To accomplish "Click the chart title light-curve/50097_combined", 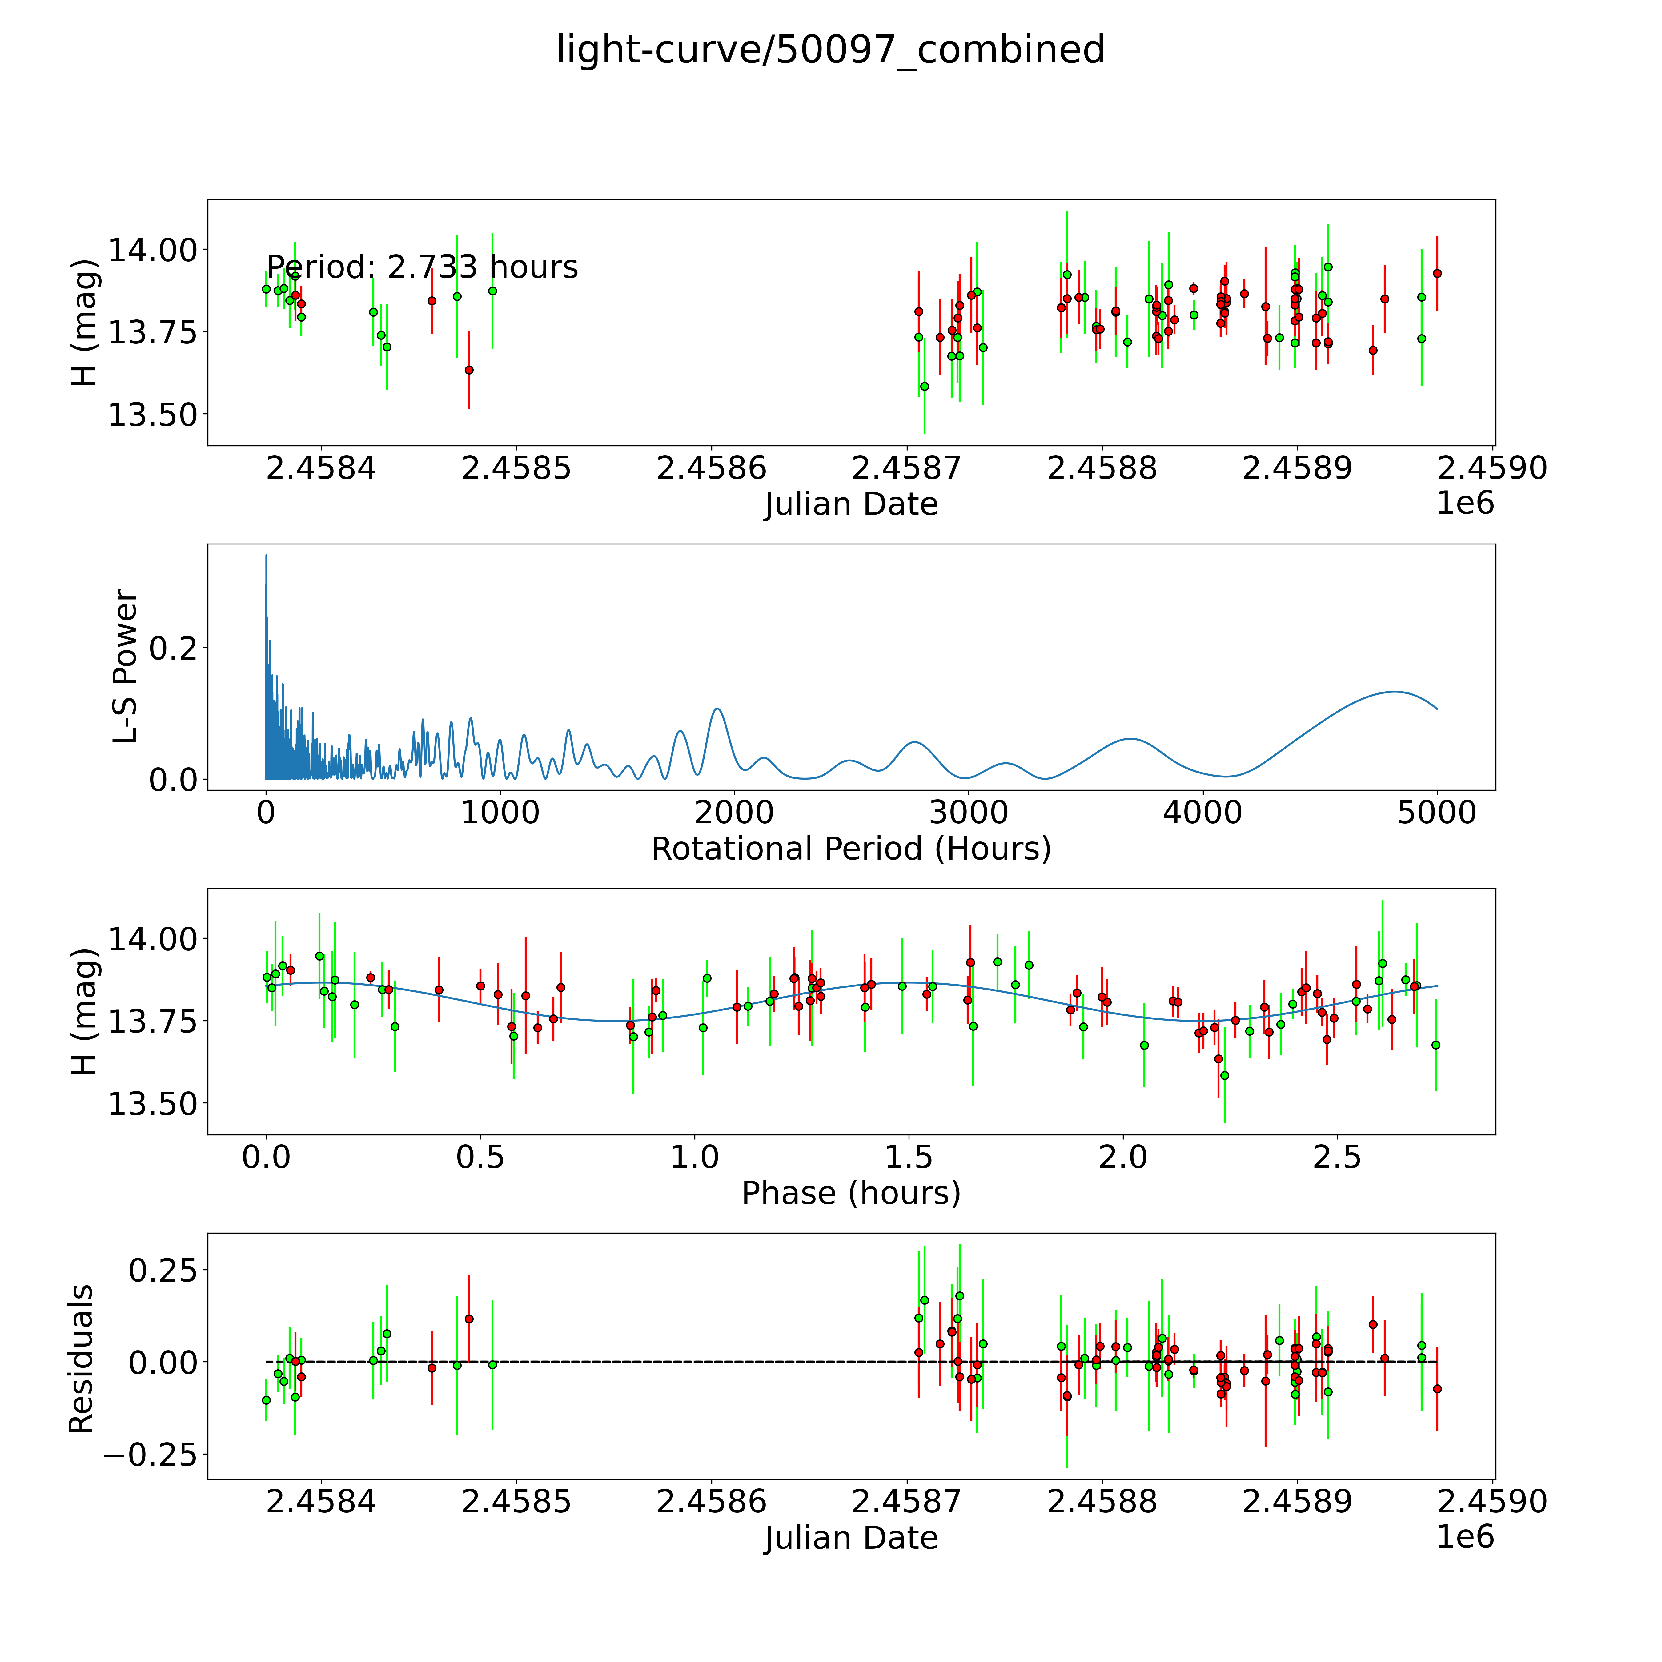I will (x=830, y=50).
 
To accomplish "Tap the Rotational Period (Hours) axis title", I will (x=851, y=849).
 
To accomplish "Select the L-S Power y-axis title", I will (x=126, y=667).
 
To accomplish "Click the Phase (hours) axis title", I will (x=851, y=1193).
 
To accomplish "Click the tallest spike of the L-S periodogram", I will (x=266, y=556).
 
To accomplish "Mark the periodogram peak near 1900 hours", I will (x=717, y=709).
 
